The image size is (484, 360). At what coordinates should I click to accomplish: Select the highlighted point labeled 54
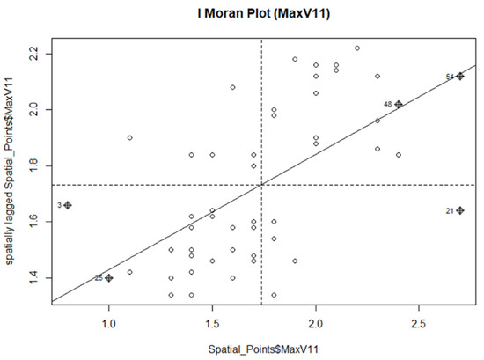pos(460,77)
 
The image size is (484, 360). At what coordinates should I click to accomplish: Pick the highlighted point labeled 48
pos(399,105)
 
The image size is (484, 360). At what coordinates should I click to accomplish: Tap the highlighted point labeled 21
pos(460,210)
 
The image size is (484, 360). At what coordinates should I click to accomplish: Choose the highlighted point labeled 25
pos(109,277)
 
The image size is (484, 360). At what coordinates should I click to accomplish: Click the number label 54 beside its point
pos(450,77)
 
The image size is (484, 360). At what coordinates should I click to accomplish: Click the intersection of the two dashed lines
pos(261,185)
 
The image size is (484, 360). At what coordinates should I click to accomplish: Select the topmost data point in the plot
pos(357,48)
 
